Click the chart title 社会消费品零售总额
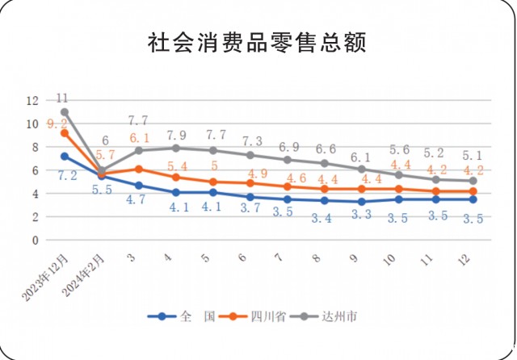point(257,43)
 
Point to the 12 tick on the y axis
point(32,101)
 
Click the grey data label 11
point(62,98)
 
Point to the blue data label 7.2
point(65,174)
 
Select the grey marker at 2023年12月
point(65,112)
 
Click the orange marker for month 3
point(139,170)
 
